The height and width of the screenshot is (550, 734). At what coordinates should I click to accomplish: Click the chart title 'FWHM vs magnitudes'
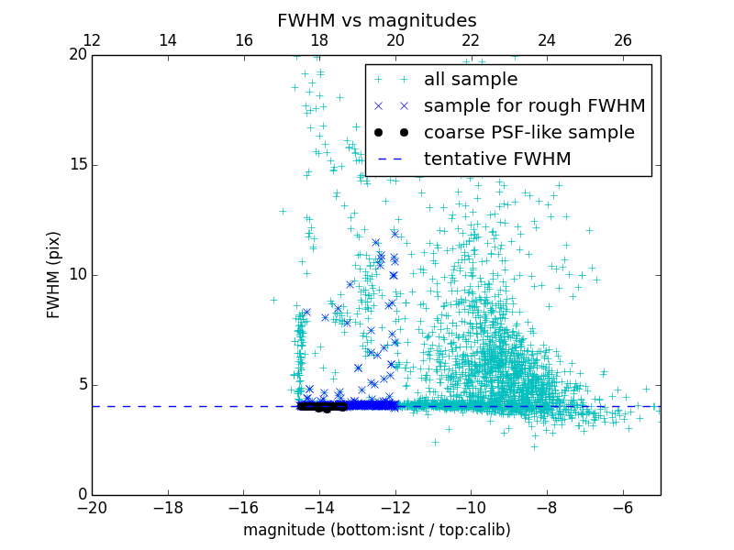(376, 20)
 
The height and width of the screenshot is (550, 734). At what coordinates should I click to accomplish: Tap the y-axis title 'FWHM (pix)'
(54, 275)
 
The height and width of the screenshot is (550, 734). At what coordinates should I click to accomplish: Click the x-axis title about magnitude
(376, 530)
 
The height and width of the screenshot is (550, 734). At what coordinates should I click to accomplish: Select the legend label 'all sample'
(471, 80)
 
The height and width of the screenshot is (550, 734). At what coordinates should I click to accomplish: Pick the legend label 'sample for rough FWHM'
(534, 106)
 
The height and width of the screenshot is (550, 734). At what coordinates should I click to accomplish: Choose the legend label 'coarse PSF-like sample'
(528, 133)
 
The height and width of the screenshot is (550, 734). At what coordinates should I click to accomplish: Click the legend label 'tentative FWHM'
(497, 159)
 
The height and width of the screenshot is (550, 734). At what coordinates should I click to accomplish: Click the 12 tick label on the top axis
(92, 40)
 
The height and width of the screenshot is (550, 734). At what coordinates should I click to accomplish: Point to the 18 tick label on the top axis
(319, 40)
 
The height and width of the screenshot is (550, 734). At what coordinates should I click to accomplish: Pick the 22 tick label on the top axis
(471, 40)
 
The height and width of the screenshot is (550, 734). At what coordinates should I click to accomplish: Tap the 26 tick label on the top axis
(622, 40)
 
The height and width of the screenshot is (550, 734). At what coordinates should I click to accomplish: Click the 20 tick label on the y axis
(77, 55)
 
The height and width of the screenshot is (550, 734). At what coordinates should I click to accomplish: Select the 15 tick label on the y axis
(77, 165)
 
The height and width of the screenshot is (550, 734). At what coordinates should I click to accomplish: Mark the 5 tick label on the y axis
(81, 385)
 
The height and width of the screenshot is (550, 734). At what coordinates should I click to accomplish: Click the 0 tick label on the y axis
(81, 495)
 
